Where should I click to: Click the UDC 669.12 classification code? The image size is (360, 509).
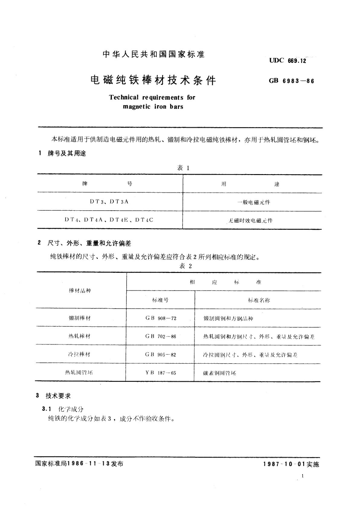click(x=288, y=60)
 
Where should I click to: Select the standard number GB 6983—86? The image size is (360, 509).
click(x=291, y=81)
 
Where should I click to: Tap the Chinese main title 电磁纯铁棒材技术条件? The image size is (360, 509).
click(x=154, y=80)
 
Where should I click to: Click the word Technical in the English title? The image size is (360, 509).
click(x=124, y=97)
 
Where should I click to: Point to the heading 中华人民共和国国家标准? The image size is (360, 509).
click(x=154, y=54)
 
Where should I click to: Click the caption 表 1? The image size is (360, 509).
click(x=183, y=168)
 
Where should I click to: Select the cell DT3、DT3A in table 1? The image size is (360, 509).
click(x=109, y=202)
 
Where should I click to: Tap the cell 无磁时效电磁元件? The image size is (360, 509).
click(x=251, y=221)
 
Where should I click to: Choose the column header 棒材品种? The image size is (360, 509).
click(x=80, y=291)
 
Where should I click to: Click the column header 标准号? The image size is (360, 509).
click(x=161, y=300)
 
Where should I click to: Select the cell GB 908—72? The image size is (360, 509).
click(x=161, y=318)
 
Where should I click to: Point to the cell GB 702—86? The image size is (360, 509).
click(x=161, y=336)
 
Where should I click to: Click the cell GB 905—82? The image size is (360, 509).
click(x=161, y=355)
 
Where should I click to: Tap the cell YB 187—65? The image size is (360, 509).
click(x=161, y=373)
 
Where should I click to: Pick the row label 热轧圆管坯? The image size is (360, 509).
click(x=79, y=373)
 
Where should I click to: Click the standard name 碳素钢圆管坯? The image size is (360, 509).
click(x=220, y=373)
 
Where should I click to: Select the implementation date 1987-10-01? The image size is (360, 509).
click(x=284, y=464)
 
